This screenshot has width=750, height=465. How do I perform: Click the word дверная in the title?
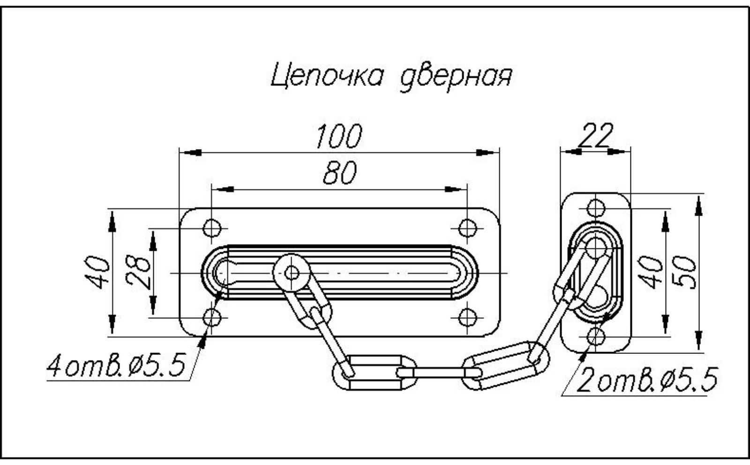click(455, 78)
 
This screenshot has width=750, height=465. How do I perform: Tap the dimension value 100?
click(338, 136)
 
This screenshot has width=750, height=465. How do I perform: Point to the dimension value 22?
click(594, 135)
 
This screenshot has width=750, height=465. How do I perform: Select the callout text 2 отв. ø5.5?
click(647, 380)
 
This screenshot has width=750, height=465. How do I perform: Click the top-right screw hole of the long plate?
click(467, 228)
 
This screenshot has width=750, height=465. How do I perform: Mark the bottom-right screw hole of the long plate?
click(467, 318)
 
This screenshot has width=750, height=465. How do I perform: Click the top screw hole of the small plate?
click(596, 208)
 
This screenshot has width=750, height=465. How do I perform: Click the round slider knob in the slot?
click(292, 272)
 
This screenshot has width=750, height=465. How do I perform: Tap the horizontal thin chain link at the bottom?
click(439, 373)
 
